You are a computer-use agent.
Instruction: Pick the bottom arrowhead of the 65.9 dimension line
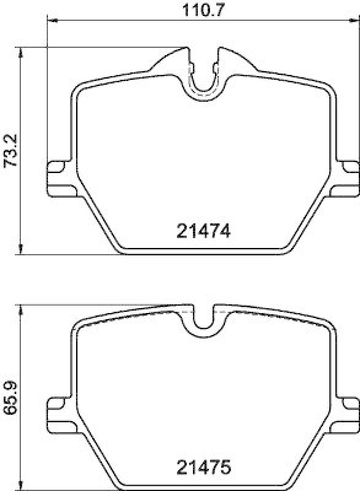[22, 486]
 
